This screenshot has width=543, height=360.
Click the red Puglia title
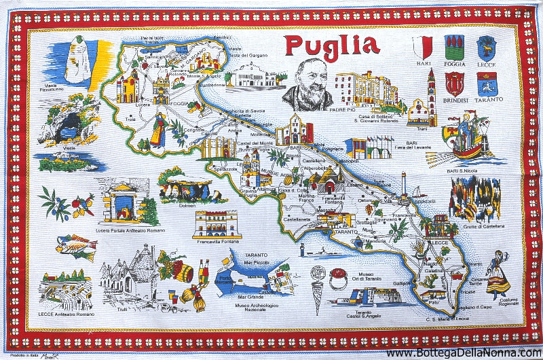click(331, 45)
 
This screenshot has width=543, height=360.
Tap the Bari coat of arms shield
click(423, 48)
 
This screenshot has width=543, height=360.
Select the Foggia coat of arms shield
click(454, 48)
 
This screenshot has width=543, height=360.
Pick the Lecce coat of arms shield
click(486, 48)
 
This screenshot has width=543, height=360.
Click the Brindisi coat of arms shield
click(454, 83)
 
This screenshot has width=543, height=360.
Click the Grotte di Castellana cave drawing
click(475, 197)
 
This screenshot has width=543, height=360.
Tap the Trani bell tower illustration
click(430, 95)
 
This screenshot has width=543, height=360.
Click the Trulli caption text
click(122, 310)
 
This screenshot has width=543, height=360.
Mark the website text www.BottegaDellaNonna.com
click(464, 353)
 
